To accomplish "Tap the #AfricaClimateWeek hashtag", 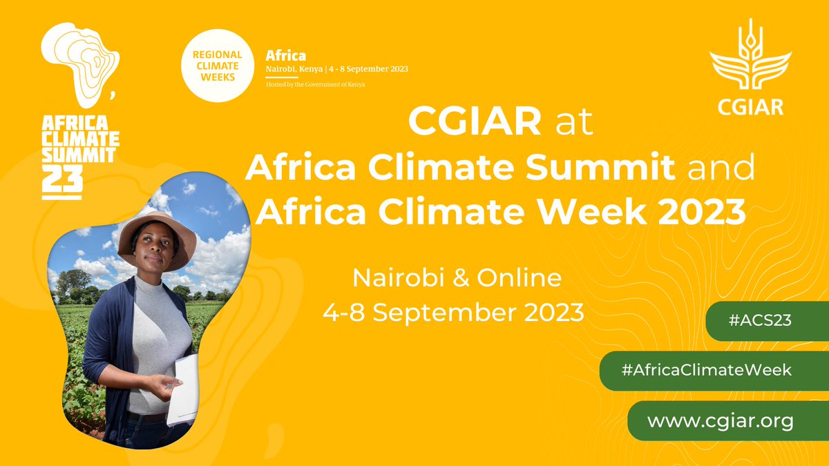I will click(705, 370).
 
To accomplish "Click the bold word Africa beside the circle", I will click(286, 55).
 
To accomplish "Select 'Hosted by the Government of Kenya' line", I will click(316, 84).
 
